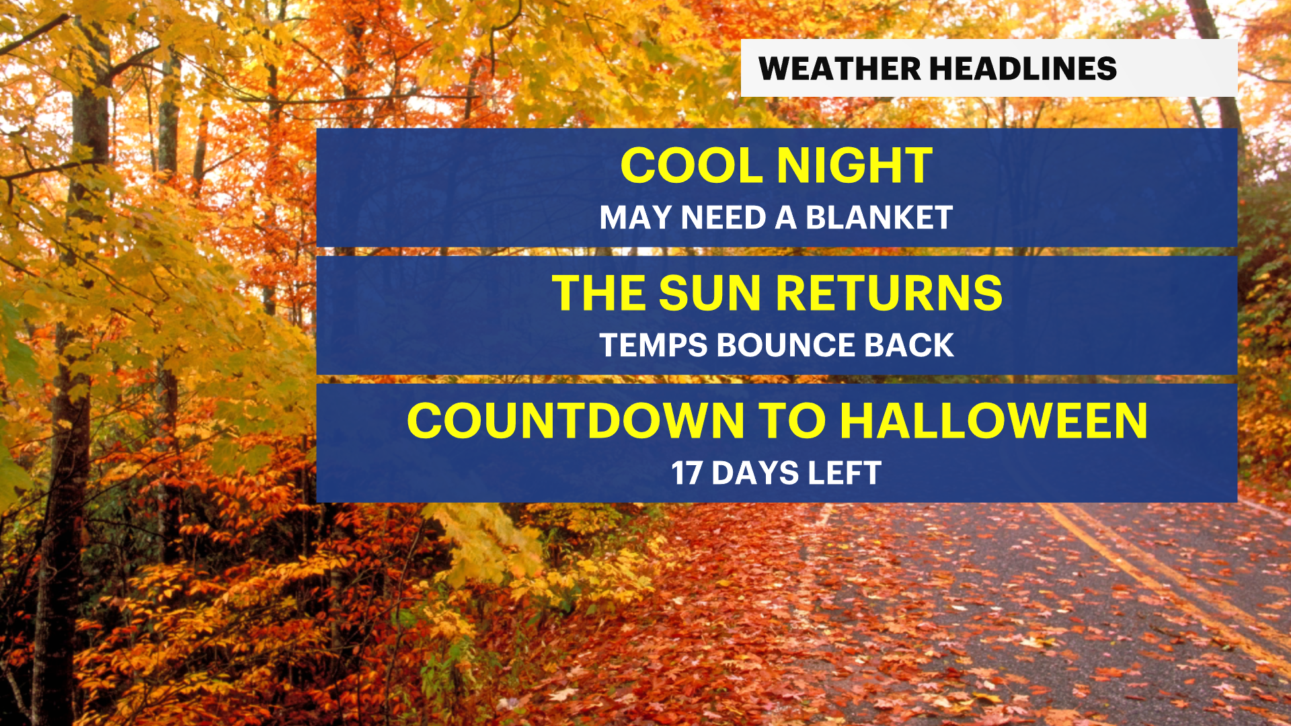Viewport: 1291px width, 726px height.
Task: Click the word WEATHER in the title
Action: (839, 69)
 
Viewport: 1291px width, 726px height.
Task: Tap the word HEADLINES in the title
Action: (1023, 69)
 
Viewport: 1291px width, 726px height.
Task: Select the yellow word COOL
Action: (693, 165)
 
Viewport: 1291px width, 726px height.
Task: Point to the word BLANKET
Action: (879, 218)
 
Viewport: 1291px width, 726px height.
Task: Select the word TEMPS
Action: (654, 346)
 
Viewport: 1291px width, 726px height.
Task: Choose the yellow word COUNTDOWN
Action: (576, 421)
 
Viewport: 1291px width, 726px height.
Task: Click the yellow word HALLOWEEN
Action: (994, 421)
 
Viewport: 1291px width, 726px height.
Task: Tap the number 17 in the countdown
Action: (687, 473)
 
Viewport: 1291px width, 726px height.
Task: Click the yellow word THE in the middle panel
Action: (599, 293)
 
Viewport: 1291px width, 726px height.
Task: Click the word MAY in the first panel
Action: (635, 218)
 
